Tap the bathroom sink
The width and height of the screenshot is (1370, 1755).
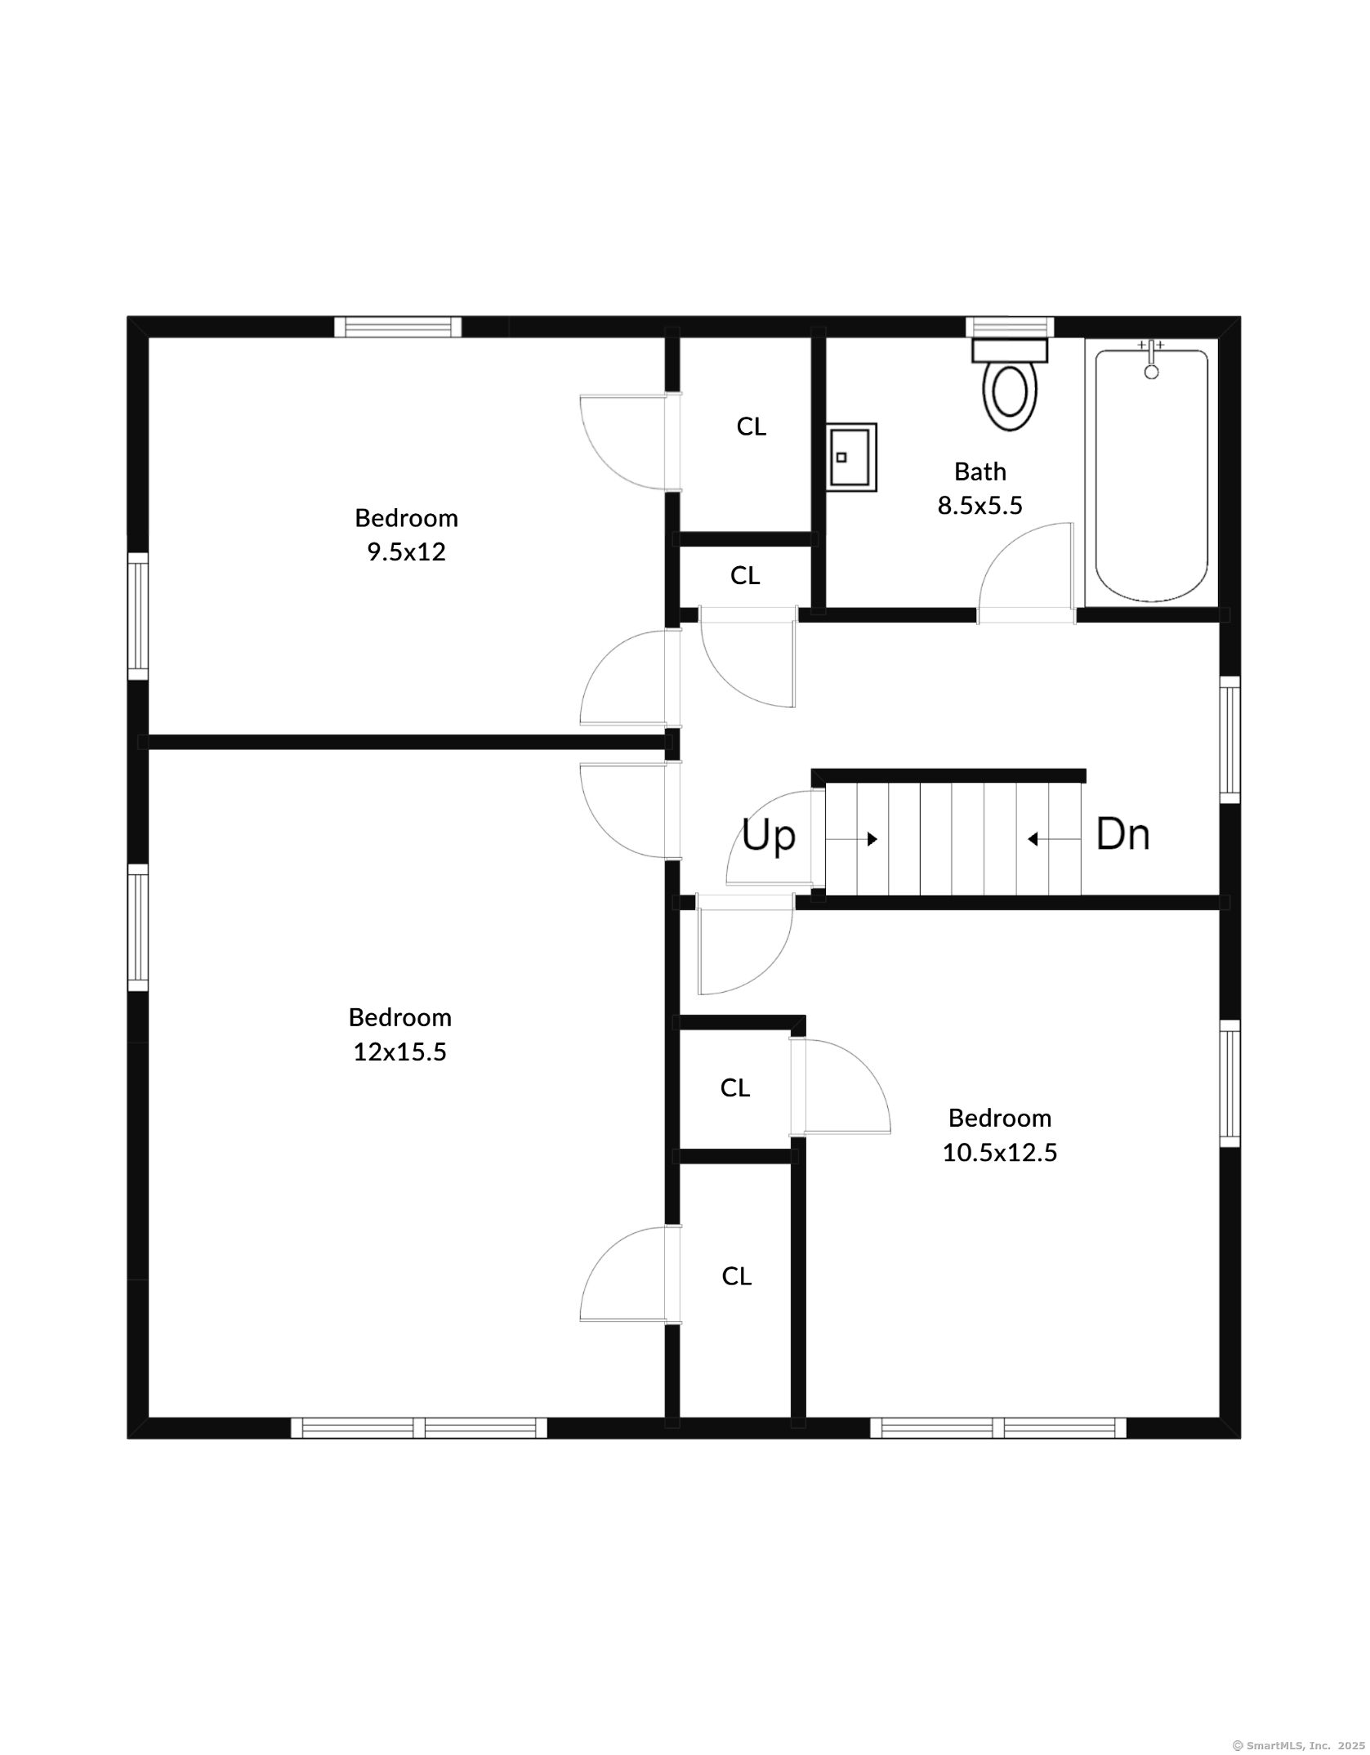851,457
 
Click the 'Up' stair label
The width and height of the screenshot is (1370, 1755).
768,836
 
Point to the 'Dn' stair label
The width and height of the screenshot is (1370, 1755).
1122,834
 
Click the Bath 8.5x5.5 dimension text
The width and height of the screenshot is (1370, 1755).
980,489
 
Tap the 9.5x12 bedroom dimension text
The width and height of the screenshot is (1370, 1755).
406,552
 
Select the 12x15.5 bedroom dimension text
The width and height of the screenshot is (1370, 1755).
399,1052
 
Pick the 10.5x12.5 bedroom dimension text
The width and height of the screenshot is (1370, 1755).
1000,1152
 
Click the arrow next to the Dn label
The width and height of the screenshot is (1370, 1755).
1055,839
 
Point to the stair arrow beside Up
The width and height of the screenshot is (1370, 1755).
851,839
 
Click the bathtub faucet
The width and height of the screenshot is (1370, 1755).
1151,359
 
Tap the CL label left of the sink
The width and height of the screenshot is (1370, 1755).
751,426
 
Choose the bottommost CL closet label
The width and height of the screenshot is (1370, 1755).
736,1276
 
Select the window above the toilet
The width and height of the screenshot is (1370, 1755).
1010,327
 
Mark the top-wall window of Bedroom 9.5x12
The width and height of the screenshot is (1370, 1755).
398,327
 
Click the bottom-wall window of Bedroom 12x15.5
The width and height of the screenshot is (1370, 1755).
419,1427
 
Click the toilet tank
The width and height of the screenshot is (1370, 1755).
1010,351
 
